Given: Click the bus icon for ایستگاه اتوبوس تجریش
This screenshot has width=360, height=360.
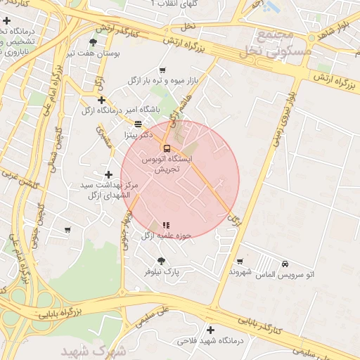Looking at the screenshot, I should click(x=167, y=148).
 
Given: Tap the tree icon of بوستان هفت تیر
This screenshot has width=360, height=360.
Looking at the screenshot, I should click(x=93, y=43).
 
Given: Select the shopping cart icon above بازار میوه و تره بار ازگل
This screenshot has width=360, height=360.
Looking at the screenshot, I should click(x=163, y=70).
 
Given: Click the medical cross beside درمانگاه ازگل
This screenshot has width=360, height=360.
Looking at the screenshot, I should click(x=102, y=100).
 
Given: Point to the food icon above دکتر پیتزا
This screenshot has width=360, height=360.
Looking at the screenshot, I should click(x=137, y=123).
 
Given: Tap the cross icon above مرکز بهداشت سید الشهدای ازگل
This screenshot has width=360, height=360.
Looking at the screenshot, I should click(x=108, y=174).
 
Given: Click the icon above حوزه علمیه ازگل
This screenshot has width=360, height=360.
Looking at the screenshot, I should click(x=165, y=224).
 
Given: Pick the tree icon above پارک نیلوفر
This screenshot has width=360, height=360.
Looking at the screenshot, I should click(x=162, y=261).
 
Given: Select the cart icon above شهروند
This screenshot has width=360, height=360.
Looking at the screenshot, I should click(x=240, y=261).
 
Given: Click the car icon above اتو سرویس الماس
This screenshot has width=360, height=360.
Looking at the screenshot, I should click(x=285, y=263).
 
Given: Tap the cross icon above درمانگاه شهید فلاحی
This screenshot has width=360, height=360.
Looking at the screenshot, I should click(x=210, y=330).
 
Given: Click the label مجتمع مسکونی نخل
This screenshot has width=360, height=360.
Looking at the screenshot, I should click(x=274, y=43).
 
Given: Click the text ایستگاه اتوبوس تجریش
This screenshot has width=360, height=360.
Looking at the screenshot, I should click(x=162, y=165).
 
